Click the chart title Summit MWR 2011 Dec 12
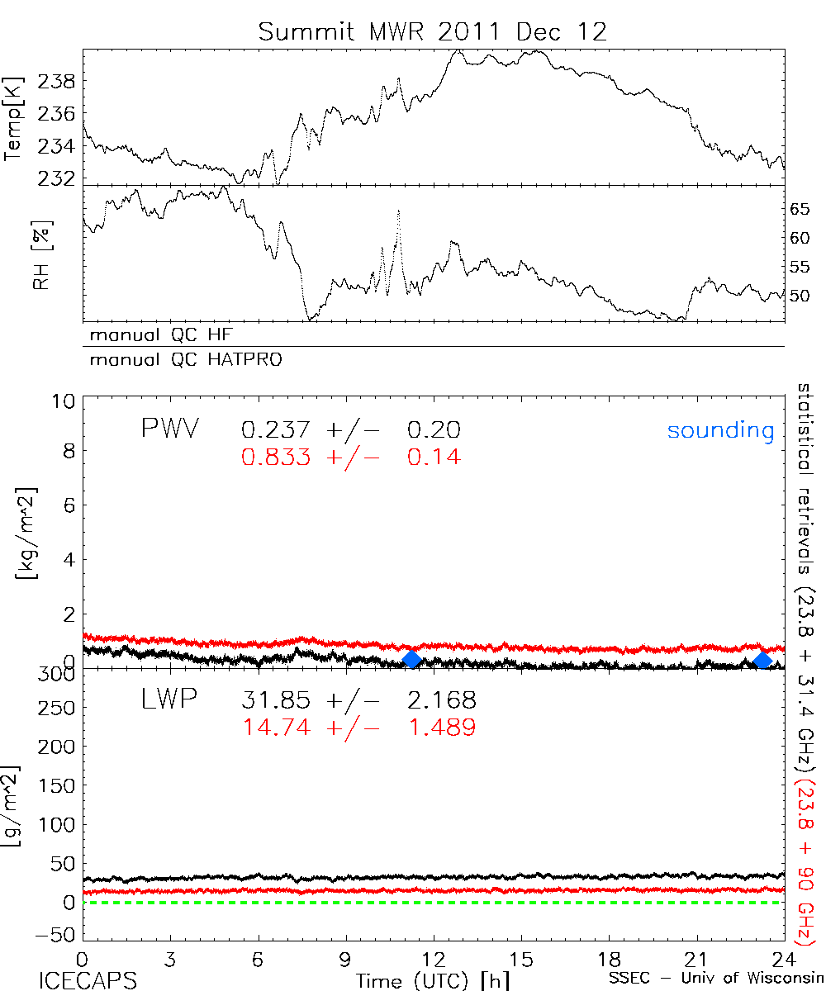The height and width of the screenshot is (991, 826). click(x=432, y=32)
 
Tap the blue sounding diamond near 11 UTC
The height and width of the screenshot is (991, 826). click(x=412, y=659)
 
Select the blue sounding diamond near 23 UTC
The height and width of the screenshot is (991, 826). click(x=763, y=659)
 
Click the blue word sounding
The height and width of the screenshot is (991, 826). click(x=721, y=430)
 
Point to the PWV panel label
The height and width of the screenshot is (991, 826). click(x=169, y=429)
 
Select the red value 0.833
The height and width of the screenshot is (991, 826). click(x=277, y=457)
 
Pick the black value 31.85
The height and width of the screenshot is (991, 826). click(x=277, y=701)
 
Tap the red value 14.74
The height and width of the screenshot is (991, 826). click(x=277, y=727)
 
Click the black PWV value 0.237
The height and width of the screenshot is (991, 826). click(x=277, y=430)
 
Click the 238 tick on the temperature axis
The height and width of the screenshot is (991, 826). click(x=59, y=82)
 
